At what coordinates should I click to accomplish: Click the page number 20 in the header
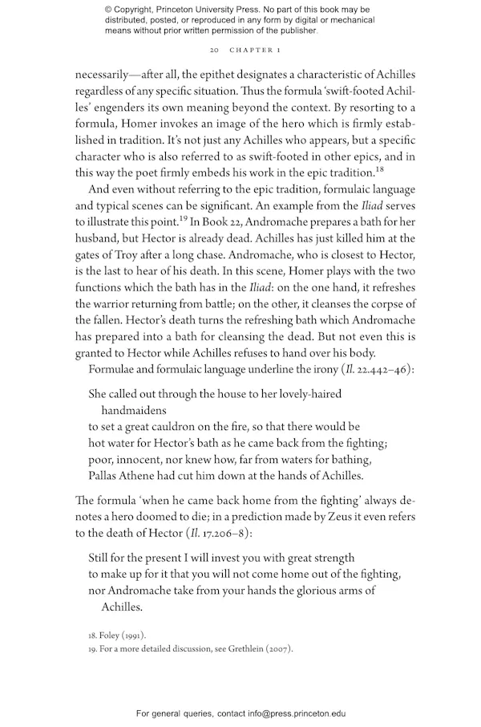(x=213, y=50)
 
